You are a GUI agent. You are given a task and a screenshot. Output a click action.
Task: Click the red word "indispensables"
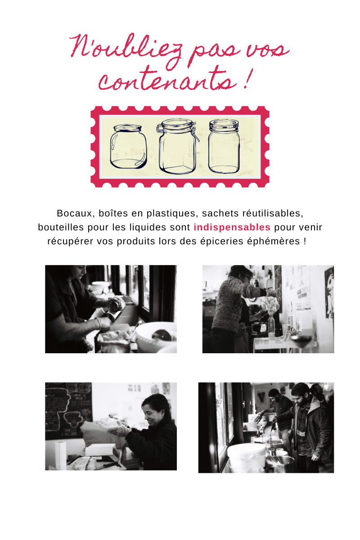coord(232,227)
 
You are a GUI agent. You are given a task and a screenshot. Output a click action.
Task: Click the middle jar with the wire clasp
coord(178,146)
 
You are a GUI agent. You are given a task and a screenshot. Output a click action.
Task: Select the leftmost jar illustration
coord(128,147)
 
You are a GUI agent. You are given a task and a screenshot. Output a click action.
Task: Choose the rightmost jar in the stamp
coord(224,146)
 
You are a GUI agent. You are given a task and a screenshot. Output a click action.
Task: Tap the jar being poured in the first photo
coord(117,305)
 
